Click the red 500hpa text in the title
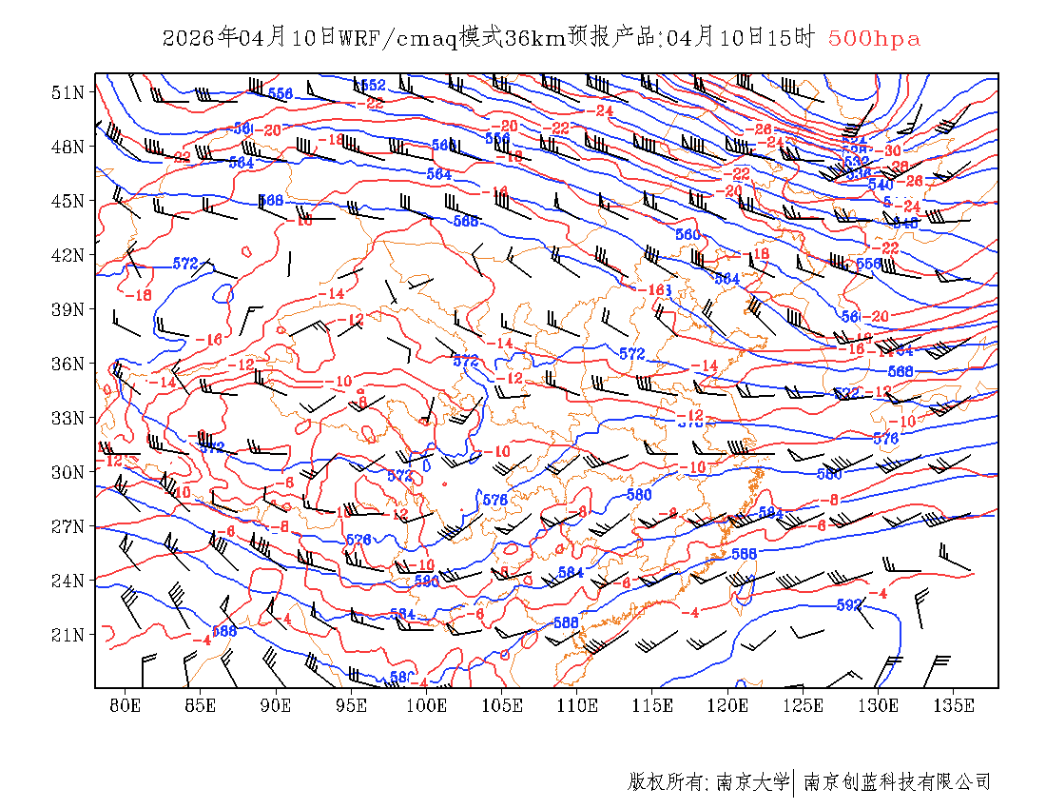874,39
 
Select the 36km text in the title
534,39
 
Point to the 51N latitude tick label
68,92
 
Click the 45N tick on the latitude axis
68,201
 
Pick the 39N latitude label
68,309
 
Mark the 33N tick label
68,418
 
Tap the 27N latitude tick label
68,526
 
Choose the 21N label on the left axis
68,635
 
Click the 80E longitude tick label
126,705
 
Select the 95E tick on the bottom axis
352,705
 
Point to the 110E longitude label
577,705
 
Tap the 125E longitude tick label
804,705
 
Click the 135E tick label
954,705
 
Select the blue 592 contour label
848,604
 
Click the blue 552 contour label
373,87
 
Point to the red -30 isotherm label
891,151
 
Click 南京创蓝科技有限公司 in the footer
897,782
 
